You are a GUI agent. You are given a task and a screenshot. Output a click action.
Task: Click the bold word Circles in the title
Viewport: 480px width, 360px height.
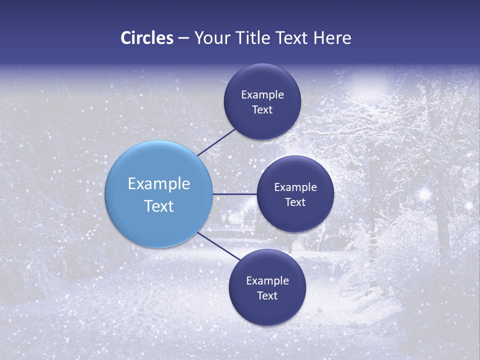(146, 38)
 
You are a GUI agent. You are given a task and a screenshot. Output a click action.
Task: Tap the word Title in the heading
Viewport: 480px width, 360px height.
(261, 38)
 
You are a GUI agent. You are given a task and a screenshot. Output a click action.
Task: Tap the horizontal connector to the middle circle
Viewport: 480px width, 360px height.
(234, 194)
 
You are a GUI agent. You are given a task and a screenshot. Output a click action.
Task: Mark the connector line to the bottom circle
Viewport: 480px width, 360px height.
(219, 247)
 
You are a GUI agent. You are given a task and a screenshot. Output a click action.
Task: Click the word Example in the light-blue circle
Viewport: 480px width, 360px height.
(159, 184)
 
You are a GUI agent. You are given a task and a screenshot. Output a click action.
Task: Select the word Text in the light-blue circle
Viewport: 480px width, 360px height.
(159, 206)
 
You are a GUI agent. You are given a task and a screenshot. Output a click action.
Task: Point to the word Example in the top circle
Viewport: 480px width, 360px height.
(262, 95)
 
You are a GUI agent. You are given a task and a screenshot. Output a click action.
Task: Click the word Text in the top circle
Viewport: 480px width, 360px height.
(262, 110)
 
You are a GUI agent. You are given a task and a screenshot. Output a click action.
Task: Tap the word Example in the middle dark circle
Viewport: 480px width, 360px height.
(295, 187)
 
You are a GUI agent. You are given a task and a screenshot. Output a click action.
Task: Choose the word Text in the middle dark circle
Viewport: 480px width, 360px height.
(295, 202)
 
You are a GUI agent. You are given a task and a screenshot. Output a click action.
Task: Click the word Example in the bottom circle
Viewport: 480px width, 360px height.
(267, 281)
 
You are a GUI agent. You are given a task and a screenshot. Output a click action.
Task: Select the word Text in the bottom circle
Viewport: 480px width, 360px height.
(267, 296)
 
